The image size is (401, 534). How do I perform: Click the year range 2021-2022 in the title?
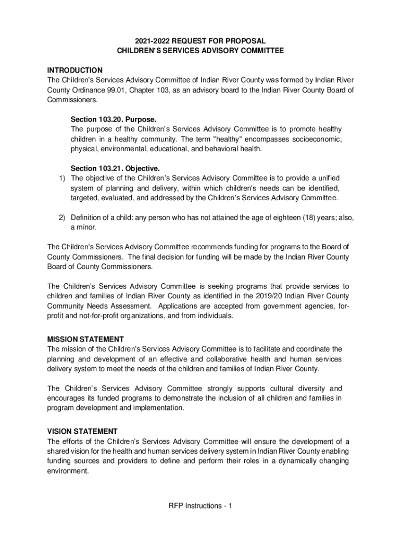coord(151,41)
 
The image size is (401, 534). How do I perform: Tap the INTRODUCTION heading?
coord(75,70)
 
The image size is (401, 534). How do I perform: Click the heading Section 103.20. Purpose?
coord(114,119)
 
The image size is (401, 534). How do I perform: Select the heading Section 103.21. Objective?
coord(115,168)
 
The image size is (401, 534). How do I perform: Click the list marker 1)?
coord(61,178)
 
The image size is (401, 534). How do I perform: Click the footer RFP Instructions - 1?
coord(200,506)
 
